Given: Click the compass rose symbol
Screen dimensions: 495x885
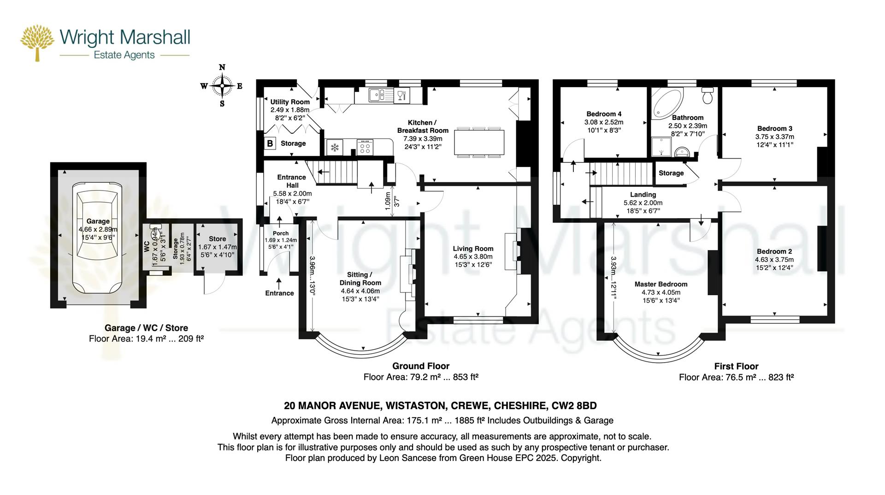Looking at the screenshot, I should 222,86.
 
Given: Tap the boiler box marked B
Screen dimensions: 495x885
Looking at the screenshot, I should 270,143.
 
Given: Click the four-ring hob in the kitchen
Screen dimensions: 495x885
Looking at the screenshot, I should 365,148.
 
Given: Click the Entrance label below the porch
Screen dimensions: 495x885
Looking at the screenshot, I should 279,293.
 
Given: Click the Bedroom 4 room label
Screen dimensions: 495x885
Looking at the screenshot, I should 604,114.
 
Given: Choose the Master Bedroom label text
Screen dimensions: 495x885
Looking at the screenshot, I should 661,284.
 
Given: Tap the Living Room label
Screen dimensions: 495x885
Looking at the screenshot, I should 473,249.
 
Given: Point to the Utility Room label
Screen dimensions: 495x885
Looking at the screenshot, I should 290,102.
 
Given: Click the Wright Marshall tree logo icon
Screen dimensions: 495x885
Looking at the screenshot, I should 37,42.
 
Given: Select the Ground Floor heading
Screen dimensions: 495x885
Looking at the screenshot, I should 420,366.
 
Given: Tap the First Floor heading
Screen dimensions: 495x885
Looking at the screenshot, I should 736,366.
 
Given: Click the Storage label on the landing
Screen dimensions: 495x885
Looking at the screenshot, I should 671,173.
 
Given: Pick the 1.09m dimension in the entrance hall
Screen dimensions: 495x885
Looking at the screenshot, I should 388,202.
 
